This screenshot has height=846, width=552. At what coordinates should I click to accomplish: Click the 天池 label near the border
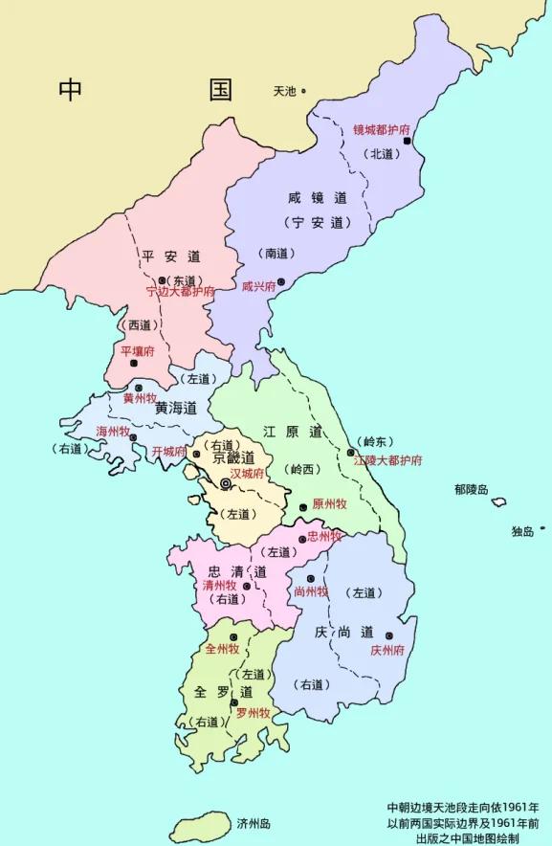[284, 92]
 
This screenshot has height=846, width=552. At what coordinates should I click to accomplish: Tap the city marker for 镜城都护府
[407, 141]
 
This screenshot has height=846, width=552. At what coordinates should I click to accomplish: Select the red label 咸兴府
[257, 286]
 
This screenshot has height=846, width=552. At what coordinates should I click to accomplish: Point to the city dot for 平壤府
[134, 364]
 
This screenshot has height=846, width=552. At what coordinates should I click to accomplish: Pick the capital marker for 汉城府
[226, 484]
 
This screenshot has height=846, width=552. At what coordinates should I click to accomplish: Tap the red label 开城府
[169, 451]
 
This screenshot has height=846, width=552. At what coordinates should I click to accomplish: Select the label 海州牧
[113, 432]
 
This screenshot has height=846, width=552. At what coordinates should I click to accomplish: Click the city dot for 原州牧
[303, 507]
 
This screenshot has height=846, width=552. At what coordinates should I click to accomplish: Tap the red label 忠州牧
[324, 537]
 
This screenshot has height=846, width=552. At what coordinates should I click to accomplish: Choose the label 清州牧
[219, 585]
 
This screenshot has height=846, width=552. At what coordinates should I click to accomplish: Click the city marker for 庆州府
[388, 635]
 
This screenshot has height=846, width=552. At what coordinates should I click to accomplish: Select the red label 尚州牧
[311, 591]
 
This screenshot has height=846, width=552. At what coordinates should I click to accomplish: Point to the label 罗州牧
[254, 713]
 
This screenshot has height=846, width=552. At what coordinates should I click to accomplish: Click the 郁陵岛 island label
[472, 489]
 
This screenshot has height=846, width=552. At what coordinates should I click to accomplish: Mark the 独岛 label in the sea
[521, 531]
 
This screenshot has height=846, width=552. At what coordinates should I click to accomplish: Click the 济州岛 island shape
[198, 825]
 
